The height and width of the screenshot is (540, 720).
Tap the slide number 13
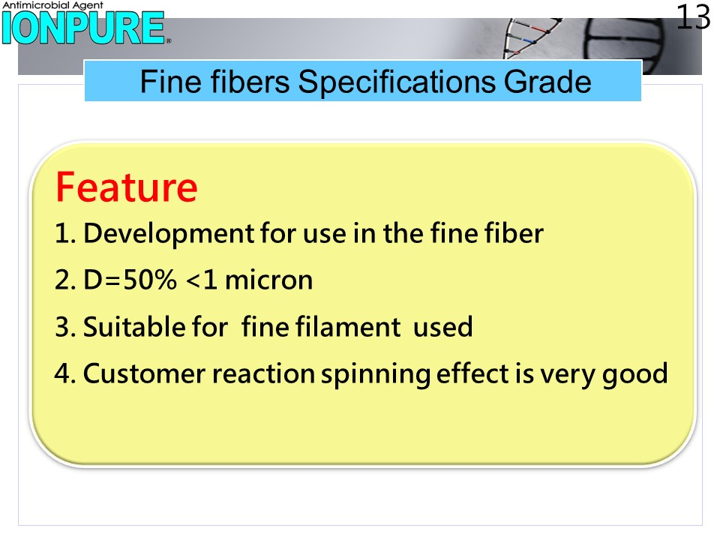[693, 17]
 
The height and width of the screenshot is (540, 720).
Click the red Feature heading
[127, 187]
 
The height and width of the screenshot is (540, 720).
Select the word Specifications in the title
[397, 82]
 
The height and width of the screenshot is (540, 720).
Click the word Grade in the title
[547, 82]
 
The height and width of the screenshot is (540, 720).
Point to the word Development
[169, 234]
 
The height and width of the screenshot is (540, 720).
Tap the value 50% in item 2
[150, 279]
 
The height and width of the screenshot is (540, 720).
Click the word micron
[269, 280]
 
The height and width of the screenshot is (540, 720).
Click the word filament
[347, 326]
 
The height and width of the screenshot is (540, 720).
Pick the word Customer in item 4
[144, 373]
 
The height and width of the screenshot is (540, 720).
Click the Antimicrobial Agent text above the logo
[52, 5]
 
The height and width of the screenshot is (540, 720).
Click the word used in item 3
[442, 326]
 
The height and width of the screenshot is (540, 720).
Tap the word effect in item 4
[472, 373]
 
